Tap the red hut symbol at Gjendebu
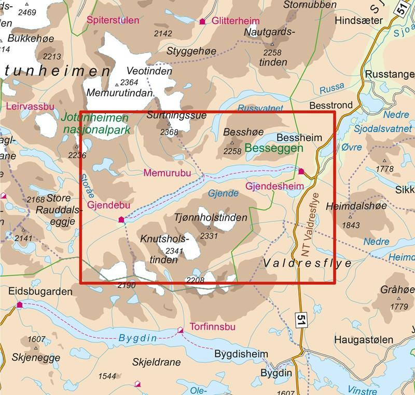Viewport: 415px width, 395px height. pos(121,220)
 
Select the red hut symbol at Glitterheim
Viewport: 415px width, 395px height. pos(202,21)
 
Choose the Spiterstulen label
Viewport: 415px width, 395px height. pos(113,21)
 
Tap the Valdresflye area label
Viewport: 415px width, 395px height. pos(308,264)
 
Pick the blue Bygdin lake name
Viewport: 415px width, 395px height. pos(137,338)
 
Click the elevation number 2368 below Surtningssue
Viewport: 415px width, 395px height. pos(169,133)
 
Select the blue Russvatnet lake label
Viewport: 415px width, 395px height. pos(260,109)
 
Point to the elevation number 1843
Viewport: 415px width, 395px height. pos(351,225)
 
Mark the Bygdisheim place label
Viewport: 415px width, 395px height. pos(241,354)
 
